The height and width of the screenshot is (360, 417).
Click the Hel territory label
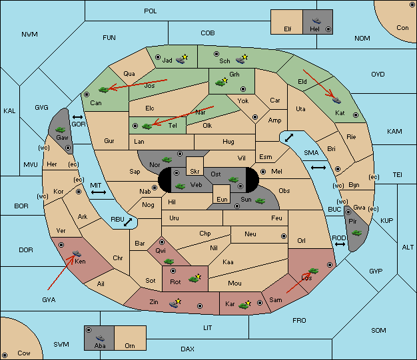[314, 29]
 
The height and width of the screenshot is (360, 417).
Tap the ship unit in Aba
[101, 338]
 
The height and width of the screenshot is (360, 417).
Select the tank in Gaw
[61, 130]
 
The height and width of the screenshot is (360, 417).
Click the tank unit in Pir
[356, 233]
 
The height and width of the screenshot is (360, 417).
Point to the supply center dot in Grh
[243, 89]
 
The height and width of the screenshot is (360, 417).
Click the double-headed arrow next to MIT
[99, 192]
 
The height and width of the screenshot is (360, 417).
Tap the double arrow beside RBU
[128, 222]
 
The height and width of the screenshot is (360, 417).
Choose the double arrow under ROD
[340, 244]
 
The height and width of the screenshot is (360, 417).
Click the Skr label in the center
[195, 172]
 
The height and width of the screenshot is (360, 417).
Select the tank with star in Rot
[195, 278]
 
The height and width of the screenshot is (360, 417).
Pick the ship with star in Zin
[175, 303]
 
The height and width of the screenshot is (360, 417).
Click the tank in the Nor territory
[167, 160]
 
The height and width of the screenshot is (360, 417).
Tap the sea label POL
[151, 11]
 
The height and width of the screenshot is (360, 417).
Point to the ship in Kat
[336, 100]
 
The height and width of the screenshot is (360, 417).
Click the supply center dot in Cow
[5, 355]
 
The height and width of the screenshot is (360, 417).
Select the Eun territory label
[222, 199]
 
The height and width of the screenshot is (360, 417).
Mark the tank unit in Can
[104, 90]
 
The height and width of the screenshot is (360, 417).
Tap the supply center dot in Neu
[284, 236]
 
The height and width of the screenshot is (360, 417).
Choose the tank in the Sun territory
[260, 201]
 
